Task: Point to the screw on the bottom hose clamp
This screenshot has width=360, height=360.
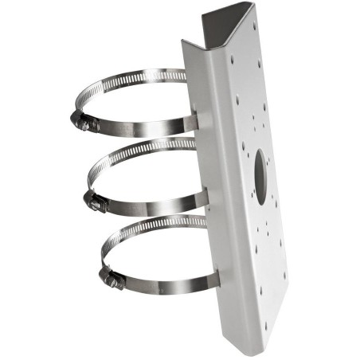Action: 111,280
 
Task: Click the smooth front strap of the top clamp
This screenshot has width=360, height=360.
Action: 143,127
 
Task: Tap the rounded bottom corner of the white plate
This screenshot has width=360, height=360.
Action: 253,338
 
